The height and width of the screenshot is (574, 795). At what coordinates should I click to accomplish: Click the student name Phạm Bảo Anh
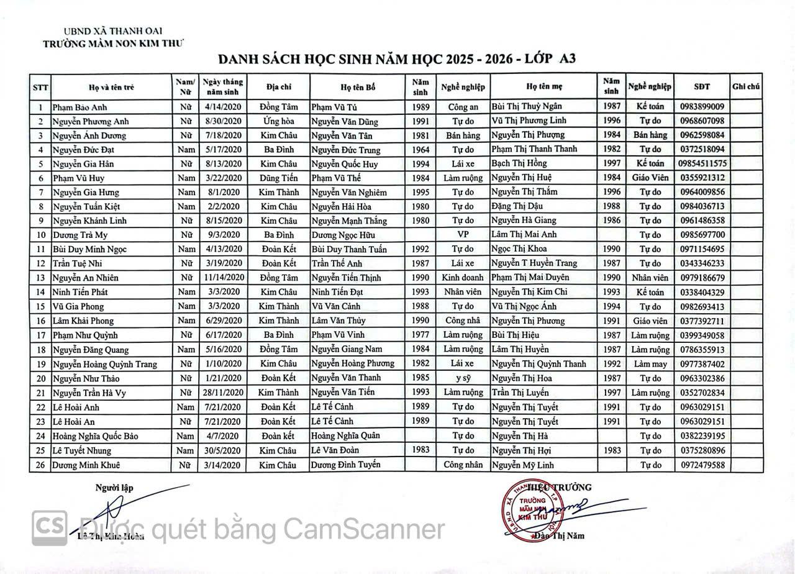79,107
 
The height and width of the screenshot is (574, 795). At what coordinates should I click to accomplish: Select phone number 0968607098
702,121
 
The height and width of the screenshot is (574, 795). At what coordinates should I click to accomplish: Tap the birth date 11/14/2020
222,278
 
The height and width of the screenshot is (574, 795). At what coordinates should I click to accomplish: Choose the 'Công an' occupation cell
463,107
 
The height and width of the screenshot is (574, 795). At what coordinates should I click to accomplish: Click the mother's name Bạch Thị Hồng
519,163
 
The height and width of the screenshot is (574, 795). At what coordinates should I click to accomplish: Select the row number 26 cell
40,465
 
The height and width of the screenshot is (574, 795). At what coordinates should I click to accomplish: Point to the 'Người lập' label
114,488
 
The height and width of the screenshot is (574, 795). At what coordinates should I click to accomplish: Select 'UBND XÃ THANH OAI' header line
113,31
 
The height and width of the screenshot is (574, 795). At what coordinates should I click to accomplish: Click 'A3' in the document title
567,59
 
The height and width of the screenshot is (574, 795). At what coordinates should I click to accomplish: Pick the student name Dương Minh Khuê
86,465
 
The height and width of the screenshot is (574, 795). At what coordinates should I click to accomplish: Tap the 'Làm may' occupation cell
650,364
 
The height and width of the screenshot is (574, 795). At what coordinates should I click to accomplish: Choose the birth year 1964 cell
420,149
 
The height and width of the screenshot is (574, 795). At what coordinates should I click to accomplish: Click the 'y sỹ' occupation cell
463,378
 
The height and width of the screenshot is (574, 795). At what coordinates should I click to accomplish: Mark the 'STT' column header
40,87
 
